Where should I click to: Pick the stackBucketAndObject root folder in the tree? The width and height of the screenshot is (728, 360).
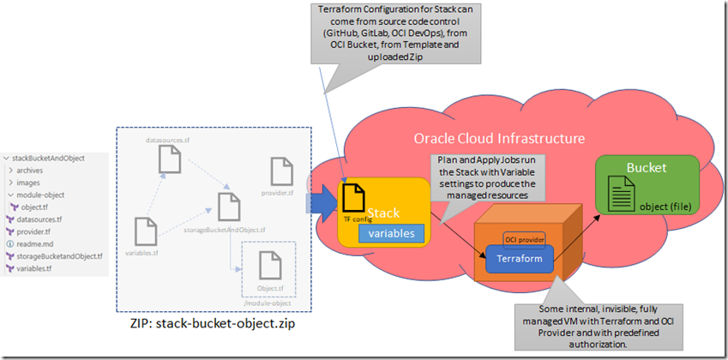click(x=50, y=159)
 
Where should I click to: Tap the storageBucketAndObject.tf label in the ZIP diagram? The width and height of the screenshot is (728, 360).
click(x=226, y=230)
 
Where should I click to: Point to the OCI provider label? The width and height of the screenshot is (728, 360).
click(x=524, y=238)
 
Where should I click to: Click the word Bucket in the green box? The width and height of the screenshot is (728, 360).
click(x=647, y=169)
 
